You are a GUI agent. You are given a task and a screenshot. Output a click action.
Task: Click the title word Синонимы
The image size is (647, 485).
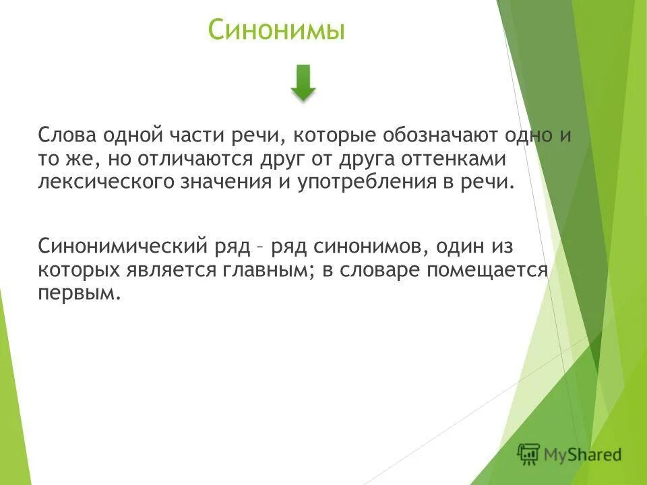tap(276, 31)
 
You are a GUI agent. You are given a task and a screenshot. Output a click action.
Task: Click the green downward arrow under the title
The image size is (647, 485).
tap(304, 83)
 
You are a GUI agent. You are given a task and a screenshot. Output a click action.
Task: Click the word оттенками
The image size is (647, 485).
tap(458, 160)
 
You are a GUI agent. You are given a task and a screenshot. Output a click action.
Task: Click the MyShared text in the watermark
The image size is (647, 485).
tap(584, 455)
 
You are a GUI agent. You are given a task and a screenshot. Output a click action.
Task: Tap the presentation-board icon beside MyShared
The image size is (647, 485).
tap(529, 455)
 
